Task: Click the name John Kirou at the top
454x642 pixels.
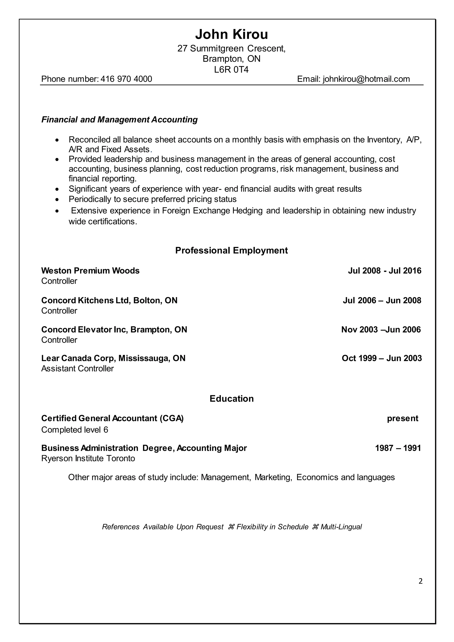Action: point(231,34)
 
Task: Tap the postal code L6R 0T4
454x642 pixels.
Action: point(231,69)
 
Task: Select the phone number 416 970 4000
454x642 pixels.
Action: point(126,79)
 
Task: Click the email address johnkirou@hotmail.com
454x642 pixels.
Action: point(366,79)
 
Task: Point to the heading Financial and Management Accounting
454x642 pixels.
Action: point(119,120)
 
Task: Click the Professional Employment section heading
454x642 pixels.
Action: point(231,251)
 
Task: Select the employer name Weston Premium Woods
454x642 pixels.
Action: point(90,271)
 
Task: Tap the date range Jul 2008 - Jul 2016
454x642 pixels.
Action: point(384,271)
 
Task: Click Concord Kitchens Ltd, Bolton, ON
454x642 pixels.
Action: point(109,300)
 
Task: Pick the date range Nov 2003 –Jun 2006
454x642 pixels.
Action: point(381,330)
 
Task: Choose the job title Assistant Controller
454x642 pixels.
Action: point(77,368)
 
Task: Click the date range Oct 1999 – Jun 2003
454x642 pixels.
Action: point(382,358)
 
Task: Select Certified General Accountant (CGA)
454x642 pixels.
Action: point(112,418)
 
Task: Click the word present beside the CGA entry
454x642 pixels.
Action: point(403,418)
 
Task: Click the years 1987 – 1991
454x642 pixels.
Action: point(398,448)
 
